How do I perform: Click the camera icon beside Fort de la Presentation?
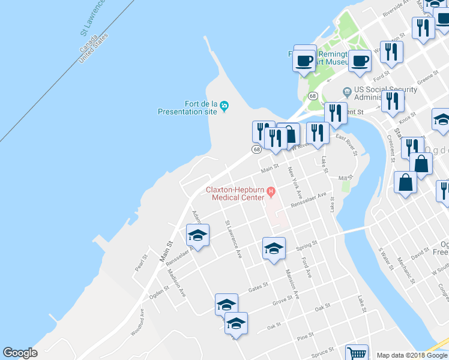(224, 106)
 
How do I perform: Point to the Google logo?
(20, 353)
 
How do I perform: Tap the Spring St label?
(306, 245)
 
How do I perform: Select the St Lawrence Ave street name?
(233, 239)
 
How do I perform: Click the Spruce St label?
(322, 352)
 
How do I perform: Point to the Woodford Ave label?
(138, 322)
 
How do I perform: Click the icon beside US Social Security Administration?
(346, 91)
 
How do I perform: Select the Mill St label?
(345, 178)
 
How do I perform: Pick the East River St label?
(347, 145)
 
